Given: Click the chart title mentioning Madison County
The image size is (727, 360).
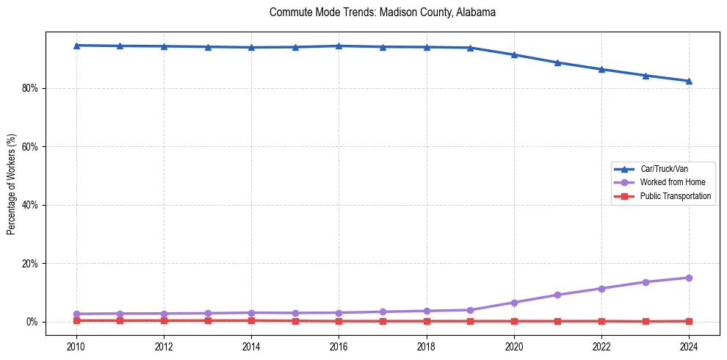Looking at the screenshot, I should coord(383,12).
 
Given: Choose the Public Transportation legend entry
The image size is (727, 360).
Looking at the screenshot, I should coord(675,196).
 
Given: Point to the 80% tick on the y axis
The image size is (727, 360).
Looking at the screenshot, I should coord(30,88).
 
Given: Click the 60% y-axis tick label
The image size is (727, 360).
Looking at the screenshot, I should coord(30,147).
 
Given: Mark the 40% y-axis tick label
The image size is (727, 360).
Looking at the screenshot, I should coord(30,205).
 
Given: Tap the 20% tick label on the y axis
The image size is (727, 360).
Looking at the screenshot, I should coord(30,264).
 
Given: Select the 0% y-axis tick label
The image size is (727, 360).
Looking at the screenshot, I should coord(32,322).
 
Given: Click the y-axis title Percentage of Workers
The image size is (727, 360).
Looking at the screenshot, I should coord(12,184).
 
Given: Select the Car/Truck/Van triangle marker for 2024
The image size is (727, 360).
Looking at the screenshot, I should coord(689,81).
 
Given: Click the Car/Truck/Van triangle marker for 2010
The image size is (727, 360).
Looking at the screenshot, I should coord(76,46).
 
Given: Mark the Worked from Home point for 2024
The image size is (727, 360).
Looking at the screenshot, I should coord(689,278).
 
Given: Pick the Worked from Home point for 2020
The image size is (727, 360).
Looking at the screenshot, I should coord(514,303).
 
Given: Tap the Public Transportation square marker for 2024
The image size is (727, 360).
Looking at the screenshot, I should coord(689,321).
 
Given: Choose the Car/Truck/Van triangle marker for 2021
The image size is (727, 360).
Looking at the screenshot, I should coord(557,62).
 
